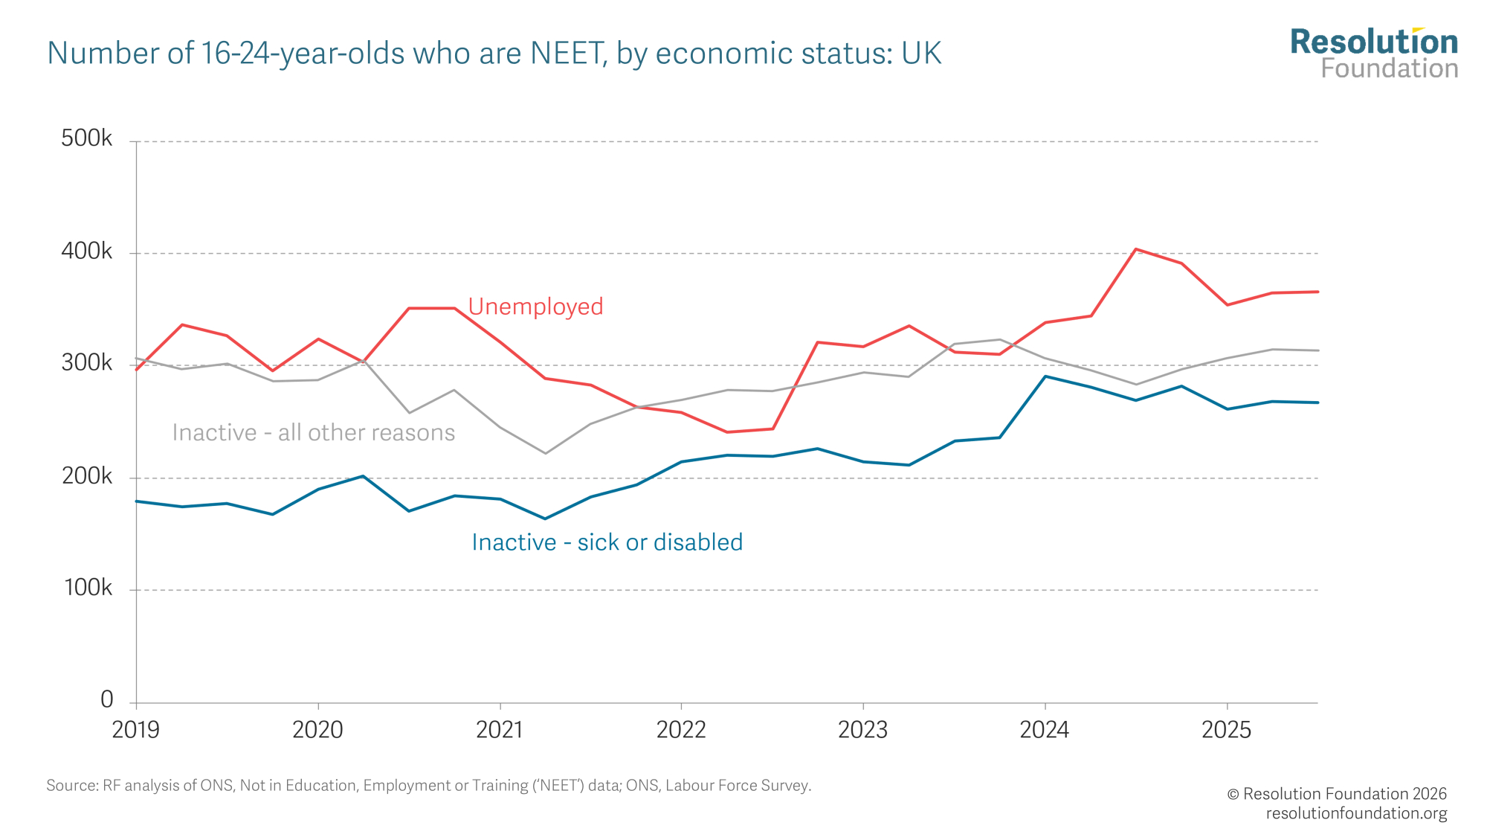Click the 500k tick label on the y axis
pos(86,138)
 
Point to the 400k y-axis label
pos(86,251)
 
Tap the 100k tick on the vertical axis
pos(88,588)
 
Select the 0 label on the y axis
pos(106,699)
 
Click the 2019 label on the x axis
pos(135,730)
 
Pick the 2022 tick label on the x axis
pos(680,730)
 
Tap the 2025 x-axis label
pos(1226,730)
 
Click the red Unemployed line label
pos(535,307)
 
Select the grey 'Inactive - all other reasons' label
pos(313,432)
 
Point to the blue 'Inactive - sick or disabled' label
pos(607,542)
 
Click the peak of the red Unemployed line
pos(1135,249)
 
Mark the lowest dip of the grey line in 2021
pos(545,453)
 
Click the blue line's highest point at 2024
pos(1045,376)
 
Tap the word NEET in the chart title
pos(567,54)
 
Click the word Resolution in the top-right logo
pos(1374,42)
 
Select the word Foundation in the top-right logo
pos(1389,68)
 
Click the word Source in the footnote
pos(71,786)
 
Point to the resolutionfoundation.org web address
pos(1356,813)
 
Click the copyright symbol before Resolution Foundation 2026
pos(1233,794)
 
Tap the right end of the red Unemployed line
pos(1317,292)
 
